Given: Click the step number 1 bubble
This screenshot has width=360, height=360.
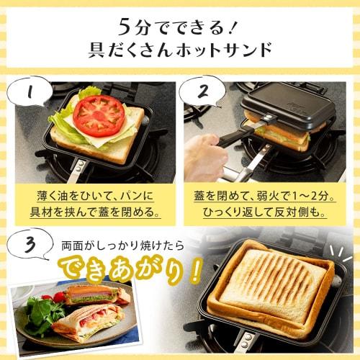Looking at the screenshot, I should tap(29, 94).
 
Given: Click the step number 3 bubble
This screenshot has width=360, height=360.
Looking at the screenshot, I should tap(29, 247).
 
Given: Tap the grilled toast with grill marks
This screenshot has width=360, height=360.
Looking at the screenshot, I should tap(274, 284).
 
